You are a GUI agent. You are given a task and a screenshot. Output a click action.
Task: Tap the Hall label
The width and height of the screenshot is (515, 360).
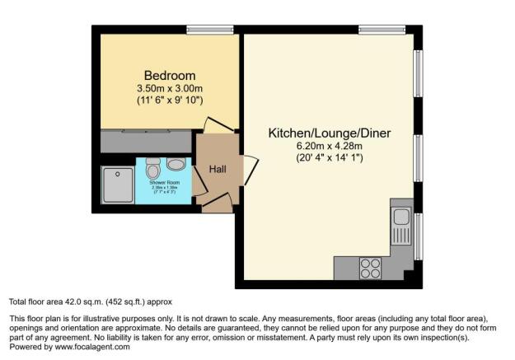click(x=218, y=170)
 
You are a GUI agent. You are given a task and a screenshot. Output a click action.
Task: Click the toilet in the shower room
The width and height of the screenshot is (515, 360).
click(x=152, y=170)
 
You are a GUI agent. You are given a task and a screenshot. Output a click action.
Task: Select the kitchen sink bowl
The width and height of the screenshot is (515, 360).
click(x=401, y=217)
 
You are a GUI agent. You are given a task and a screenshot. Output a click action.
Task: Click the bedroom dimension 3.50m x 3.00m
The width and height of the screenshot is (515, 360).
click(x=170, y=88)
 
